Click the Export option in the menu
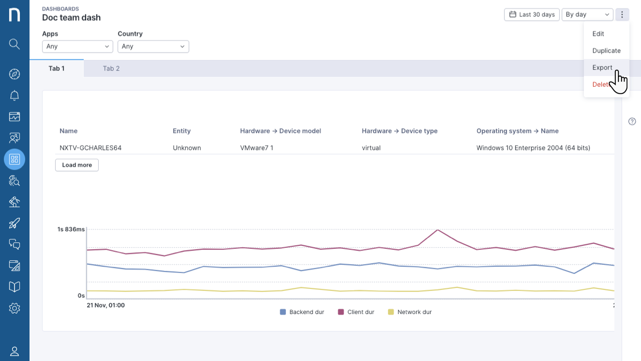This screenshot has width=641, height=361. (x=602, y=68)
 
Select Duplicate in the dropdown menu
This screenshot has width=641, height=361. (x=606, y=51)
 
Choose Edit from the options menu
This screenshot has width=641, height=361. (x=598, y=34)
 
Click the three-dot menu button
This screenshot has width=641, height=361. (x=622, y=15)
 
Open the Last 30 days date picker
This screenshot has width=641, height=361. (x=532, y=15)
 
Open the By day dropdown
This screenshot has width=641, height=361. (x=587, y=15)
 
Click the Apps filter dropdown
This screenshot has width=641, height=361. (x=78, y=47)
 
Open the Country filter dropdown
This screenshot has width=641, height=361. (x=153, y=47)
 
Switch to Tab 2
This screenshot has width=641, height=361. (x=111, y=69)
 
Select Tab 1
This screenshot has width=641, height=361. (x=57, y=69)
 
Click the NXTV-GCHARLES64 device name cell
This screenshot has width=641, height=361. (x=91, y=148)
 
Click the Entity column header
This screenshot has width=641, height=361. (x=182, y=131)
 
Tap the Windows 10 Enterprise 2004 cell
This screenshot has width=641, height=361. (x=533, y=148)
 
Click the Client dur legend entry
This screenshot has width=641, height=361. (x=356, y=312)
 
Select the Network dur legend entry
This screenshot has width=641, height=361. (x=410, y=312)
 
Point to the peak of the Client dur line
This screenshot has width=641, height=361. (x=438, y=230)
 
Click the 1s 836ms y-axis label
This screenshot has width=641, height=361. (x=71, y=229)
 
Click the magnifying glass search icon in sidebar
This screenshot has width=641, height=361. (x=15, y=44)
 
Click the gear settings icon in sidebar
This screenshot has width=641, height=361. (x=15, y=308)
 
